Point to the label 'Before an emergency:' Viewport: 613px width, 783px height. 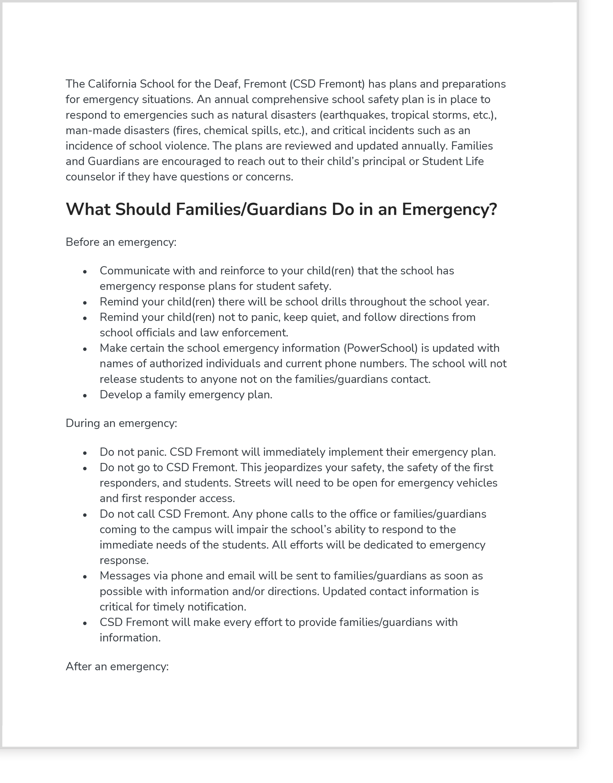pyautogui.click(x=121, y=242)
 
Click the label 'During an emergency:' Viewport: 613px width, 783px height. pyautogui.click(x=122, y=423)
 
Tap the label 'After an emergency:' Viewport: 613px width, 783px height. pyautogui.click(x=117, y=666)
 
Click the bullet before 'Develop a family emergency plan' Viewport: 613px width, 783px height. pyautogui.click(x=85, y=396)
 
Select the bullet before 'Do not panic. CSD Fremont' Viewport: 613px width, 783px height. pyautogui.click(x=85, y=453)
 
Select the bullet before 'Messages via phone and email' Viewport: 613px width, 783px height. pyautogui.click(x=85, y=577)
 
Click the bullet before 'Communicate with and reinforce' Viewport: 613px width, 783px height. pyautogui.click(x=85, y=272)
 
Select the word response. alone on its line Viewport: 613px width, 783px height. pyautogui.click(x=124, y=560)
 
